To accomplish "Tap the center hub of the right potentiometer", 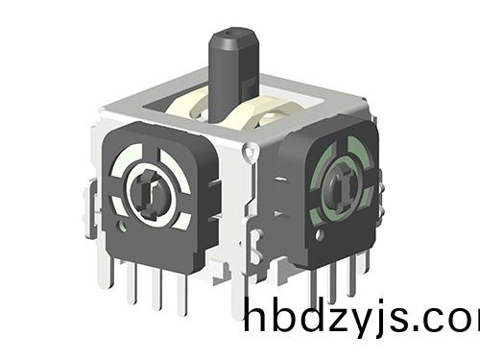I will click(x=338, y=182).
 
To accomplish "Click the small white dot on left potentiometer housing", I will click(x=123, y=228).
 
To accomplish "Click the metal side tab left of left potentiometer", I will click(x=91, y=206).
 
